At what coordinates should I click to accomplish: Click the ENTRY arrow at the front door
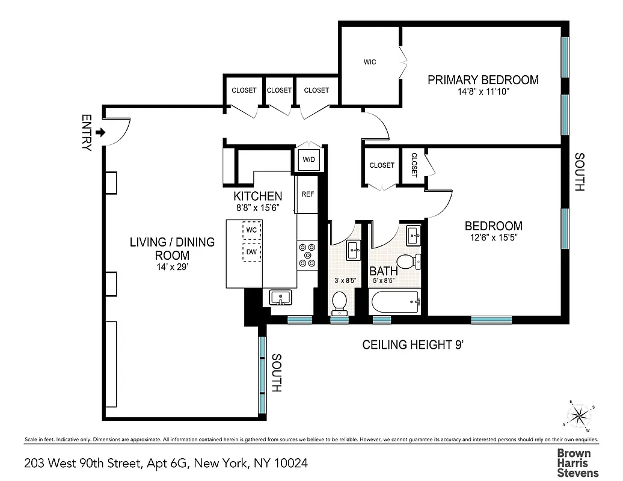click(x=100, y=132)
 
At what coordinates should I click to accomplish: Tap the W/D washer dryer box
click(x=308, y=160)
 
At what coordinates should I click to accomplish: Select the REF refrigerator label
click(x=307, y=194)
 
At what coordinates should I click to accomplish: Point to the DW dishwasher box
click(x=251, y=252)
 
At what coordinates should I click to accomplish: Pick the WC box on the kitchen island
click(x=251, y=230)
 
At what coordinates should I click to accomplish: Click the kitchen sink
click(x=280, y=297)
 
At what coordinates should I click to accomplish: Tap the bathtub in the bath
click(x=395, y=301)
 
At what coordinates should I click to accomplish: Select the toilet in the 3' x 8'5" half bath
click(x=340, y=302)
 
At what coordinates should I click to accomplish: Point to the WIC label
click(x=370, y=62)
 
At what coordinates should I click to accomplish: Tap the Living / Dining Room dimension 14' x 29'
click(x=172, y=267)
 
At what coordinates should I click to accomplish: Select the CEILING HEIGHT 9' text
click(x=413, y=345)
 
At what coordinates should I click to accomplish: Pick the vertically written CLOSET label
click(x=414, y=164)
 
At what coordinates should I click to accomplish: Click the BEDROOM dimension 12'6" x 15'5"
click(x=493, y=237)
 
